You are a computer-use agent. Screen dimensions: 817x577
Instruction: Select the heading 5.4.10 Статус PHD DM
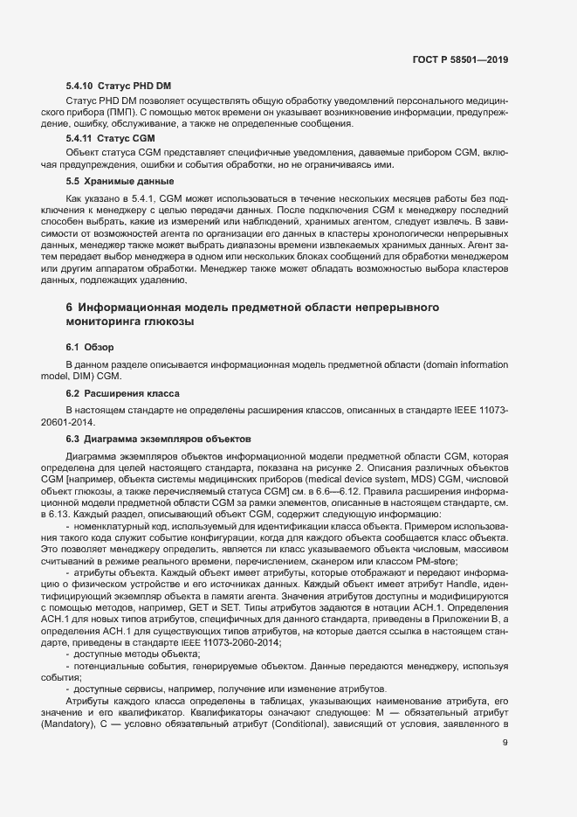coord(118,85)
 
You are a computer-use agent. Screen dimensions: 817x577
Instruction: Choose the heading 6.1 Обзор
coord(90,348)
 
